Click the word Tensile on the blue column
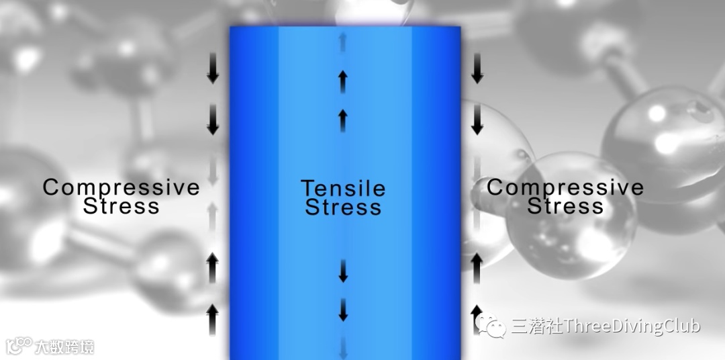pos(343,188)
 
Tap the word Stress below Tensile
pos(343,207)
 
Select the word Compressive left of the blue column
pos(121,187)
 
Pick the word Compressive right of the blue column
pos(565,187)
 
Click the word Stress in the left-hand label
pos(121,206)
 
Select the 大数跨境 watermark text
pos(65,347)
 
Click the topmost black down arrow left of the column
pos(213,70)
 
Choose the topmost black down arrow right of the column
pos(477,70)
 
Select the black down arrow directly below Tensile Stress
pos(343,270)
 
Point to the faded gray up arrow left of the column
pos(213,216)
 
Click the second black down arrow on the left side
pos(213,120)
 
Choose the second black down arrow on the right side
pos(477,120)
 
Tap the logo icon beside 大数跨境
pos(19,346)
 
